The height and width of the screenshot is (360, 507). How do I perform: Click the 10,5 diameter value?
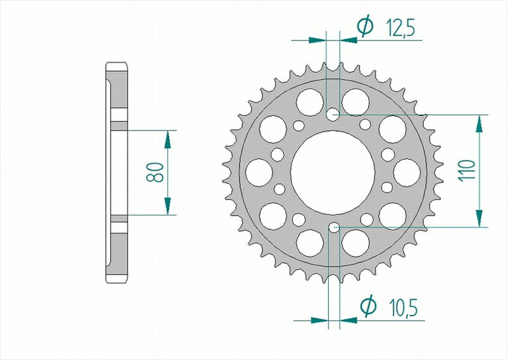pyautogui.click(x=403, y=308)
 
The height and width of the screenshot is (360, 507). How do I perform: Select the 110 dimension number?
pyautogui.click(x=467, y=170)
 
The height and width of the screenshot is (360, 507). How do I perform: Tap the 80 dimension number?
pyautogui.click(x=155, y=172)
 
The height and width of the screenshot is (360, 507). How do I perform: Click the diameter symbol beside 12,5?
pyautogui.click(x=365, y=27)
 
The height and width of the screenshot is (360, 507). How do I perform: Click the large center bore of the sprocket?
pyautogui.click(x=333, y=172)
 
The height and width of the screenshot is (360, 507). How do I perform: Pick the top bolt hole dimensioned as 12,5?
pyautogui.click(x=333, y=115)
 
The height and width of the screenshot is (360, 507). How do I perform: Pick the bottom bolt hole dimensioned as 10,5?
pyautogui.click(x=334, y=228)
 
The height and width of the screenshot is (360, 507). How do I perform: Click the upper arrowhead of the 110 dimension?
pyautogui.click(x=479, y=124)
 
